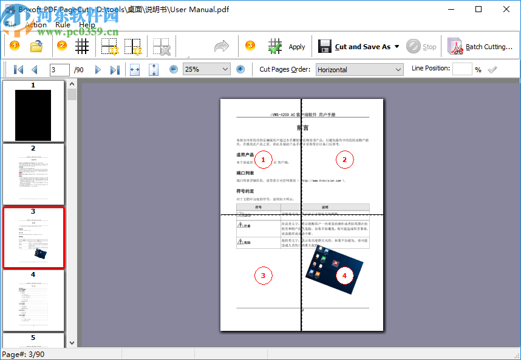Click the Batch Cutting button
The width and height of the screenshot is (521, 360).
tap(480, 46)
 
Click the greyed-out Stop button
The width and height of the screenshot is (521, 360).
tap(421, 46)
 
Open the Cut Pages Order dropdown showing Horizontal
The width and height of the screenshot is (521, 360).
tap(359, 69)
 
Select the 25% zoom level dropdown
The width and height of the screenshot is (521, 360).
tap(206, 69)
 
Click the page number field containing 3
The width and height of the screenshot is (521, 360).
tap(60, 70)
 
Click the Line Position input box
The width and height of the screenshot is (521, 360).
tap(462, 69)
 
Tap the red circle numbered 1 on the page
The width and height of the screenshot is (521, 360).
tap(263, 160)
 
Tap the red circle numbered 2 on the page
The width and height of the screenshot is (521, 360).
tap(344, 160)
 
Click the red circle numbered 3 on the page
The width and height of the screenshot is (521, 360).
tap(263, 276)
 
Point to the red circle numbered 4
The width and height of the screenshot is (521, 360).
tap(345, 276)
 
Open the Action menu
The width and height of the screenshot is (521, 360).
tap(36, 25)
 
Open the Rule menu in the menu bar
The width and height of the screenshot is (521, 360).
tap(63, 25)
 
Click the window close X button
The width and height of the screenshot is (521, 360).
tap(506, 9)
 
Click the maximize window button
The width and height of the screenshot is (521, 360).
tap(478, 9)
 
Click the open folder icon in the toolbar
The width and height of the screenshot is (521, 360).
tap(36, 46)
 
